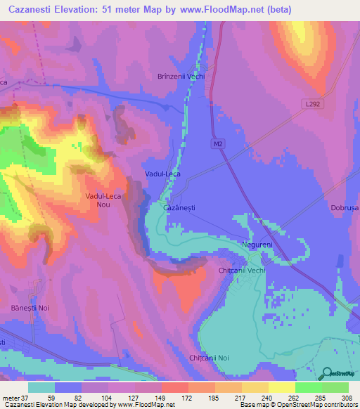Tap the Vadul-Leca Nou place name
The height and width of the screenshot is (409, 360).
[x=98, y=200]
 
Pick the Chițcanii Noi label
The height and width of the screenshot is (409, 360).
[x=210, y=358]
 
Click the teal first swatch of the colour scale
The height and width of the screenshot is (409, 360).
[x=41, y=387]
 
